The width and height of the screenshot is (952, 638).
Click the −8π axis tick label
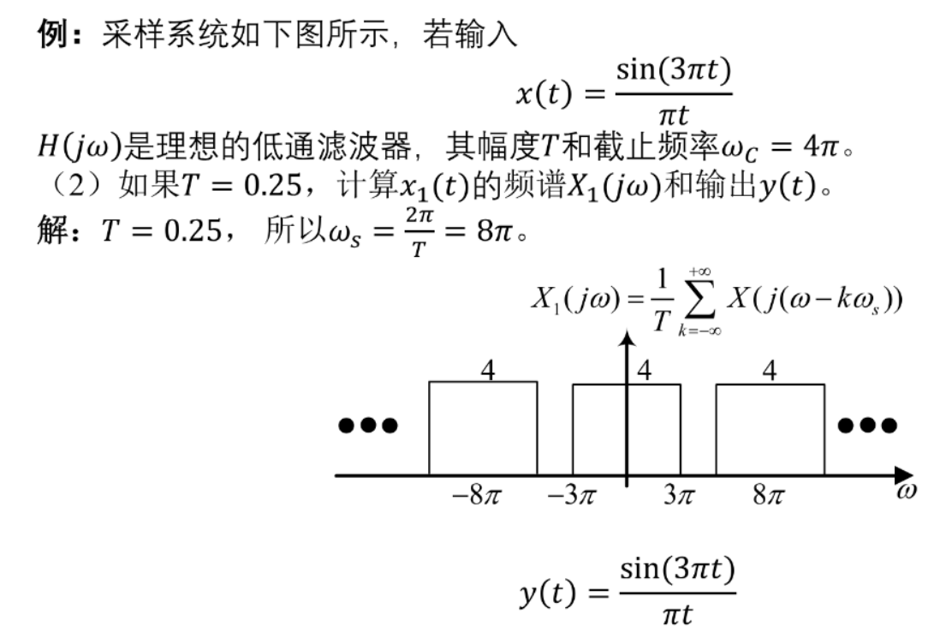click(x=477, y=495)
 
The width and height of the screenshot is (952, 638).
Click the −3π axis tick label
click(x=571, y=495)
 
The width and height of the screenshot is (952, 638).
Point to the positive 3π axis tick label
click(x=679, y=495)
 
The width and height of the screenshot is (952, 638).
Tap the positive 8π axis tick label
click(x=769, y=495)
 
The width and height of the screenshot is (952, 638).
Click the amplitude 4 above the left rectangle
click(x=487, y=370)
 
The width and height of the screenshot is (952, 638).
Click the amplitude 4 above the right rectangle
click(x=770, y=370)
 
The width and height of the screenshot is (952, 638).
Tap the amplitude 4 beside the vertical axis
click(x=644, y=370)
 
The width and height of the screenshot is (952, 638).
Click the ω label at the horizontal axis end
click(x=906, y=490)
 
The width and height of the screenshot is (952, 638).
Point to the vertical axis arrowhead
click(x=627, y=339)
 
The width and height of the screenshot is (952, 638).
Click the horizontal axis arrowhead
click(x=904, y=476)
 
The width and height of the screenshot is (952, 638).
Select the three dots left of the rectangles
click(x=368, y=425)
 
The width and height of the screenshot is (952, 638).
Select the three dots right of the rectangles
click(x=867, y=425)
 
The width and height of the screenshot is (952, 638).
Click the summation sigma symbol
click(x=699, y=301)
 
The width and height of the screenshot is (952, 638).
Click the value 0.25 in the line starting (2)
click(x=272, y=184)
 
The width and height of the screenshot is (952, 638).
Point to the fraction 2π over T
click(x=419, y=232)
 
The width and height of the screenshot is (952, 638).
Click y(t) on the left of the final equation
click(x=547, y=593)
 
